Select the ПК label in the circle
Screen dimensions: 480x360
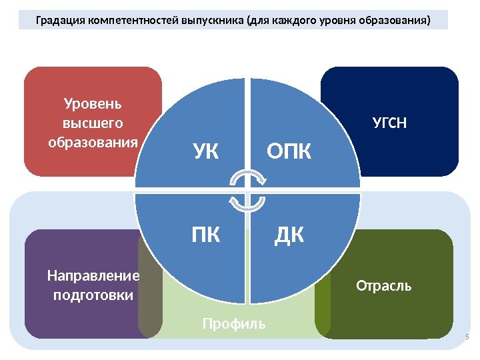206,235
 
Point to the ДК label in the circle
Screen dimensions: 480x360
289,235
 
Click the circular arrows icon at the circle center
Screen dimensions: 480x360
248,190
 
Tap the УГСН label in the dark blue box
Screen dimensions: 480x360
389,123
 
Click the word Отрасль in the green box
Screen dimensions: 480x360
384,286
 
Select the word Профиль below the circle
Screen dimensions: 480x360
234,324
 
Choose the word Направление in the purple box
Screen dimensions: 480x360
93,276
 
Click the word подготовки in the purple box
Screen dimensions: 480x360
93,295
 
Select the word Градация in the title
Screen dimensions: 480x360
59,20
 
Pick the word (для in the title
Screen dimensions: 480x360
257,20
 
